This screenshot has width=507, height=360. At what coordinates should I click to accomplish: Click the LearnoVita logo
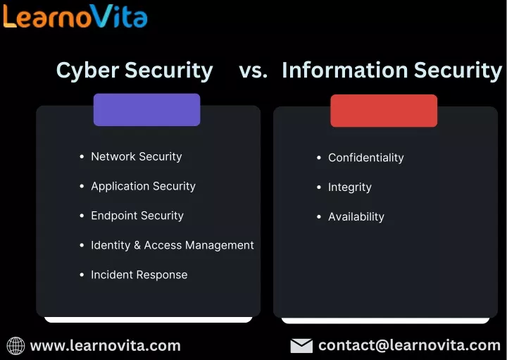pyautogui.click(x=75, y=16)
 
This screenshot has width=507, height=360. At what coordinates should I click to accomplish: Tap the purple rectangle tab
pyautogui.click(x=146, y=110)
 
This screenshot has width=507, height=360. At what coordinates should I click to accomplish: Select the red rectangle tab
pyautogui.click(x=384, y=111)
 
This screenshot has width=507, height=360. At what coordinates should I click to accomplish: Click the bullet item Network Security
pyautogui.click(x=137, y=156)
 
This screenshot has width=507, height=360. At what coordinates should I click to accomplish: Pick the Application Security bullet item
pyautogui.click(x=143, y=186)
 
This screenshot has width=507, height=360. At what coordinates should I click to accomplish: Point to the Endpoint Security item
pyautogui.click(x=137, y=216)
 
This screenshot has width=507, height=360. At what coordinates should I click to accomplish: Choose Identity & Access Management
pyautogui.click(x=173, y=245)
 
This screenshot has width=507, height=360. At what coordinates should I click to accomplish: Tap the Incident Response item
pyautogui.click(x=139, y=275)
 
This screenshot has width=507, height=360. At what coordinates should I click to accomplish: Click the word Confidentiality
pyautogui.click(x=365, y=158)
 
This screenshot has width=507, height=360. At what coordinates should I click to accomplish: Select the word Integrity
pyautogui.click(x=349, y=187)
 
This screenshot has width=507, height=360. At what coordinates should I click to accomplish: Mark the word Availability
pyautogui.click(x=356, y=217)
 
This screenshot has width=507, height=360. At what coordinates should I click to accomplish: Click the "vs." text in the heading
pyautogui.click(x=254, y=70)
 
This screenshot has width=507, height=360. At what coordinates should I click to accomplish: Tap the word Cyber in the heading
pyautogui.click(x=87, y=70)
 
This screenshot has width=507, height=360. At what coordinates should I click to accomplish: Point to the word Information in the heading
pyautogui.click(x=344, y=70)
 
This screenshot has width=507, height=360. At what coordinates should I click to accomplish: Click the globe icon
pyautogui.click(x=15, y=346)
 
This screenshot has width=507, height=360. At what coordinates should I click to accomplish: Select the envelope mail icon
pyautogui.click(x=301, y=346)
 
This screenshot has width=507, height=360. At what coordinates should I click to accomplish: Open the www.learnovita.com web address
pyautogui.click(x=106, y=346)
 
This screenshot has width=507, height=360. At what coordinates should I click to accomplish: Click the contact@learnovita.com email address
pyautogui.click(x=409, y=345)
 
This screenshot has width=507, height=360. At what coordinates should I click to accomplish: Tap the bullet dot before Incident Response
pyautogui.click(x=82, y=275)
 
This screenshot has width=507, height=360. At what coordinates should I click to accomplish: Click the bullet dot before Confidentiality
pyautogui.click(x=319, y=158)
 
